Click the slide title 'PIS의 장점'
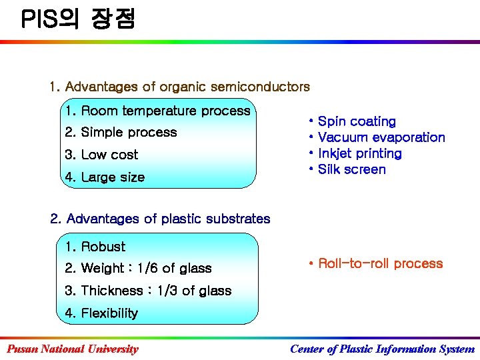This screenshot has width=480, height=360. tap(78, 19)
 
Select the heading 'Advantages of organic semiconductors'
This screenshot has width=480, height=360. tap(179, 87)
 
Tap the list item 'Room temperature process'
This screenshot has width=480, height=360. tap(157, 111)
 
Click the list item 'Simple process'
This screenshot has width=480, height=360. tap(121, 133)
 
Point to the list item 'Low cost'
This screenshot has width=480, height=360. tap(102, 155)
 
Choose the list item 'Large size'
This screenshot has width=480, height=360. tap(105, 177)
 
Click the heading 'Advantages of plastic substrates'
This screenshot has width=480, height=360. tap(161, 219)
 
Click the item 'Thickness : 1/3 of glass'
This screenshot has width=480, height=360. tap(149, 291)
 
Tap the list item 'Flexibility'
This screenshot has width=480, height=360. tap(102, 313)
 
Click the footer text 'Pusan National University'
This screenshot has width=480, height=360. tap(73, 349)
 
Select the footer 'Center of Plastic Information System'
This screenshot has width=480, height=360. tap(382, 349)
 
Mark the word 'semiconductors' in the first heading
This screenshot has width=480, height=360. tap(260, 87)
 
